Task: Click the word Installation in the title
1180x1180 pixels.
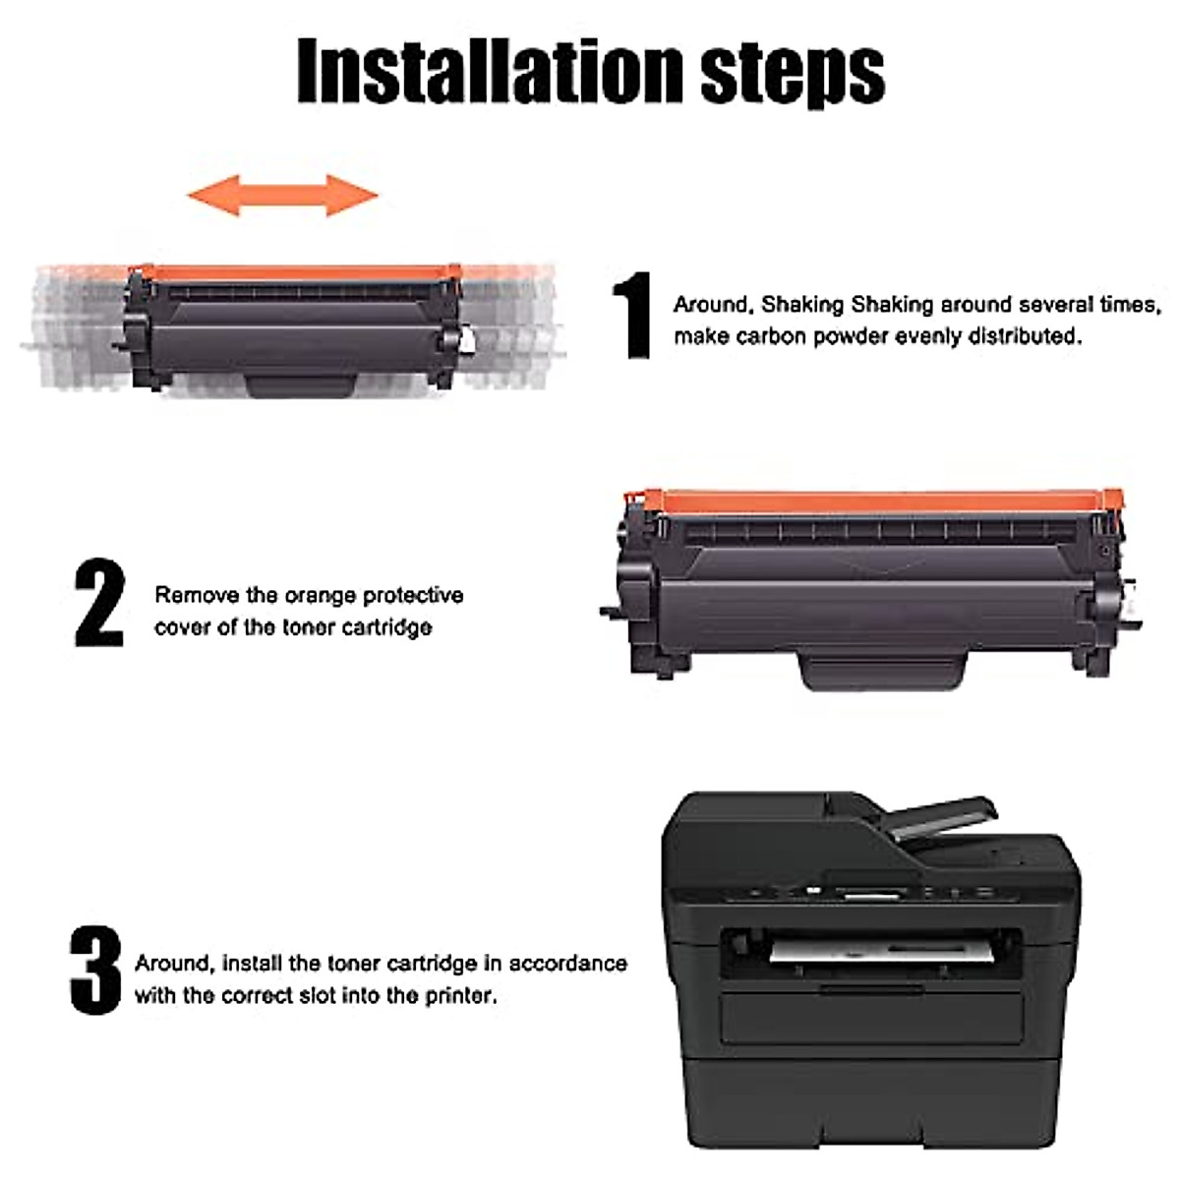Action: (490, 71)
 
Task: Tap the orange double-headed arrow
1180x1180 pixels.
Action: (283, 195)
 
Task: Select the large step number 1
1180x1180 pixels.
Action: (632, 316)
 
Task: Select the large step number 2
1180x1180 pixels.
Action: (100, 603)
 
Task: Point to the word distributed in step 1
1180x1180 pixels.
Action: (1024, 336)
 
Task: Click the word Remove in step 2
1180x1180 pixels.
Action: (197, 595)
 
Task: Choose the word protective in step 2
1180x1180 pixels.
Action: (413, 595)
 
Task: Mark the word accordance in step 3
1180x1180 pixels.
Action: (567, 963)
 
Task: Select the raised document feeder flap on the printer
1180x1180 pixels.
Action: (944, 822)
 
